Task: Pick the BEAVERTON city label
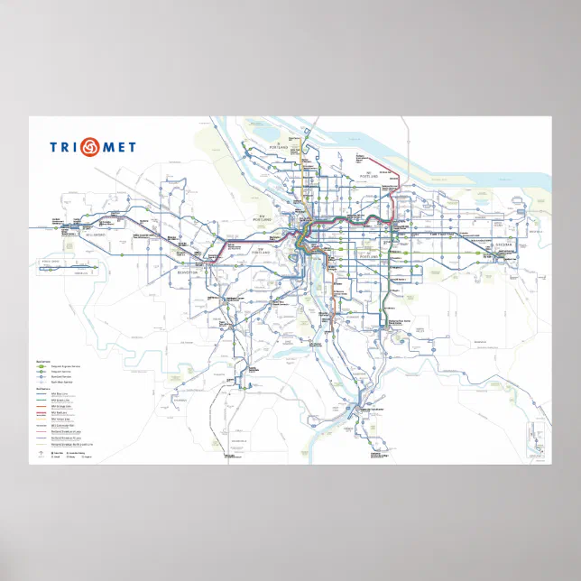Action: [187, 271]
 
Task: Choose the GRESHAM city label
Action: [502, 244]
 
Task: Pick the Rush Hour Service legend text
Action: [62, 382]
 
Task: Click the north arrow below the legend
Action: [42, 453]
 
